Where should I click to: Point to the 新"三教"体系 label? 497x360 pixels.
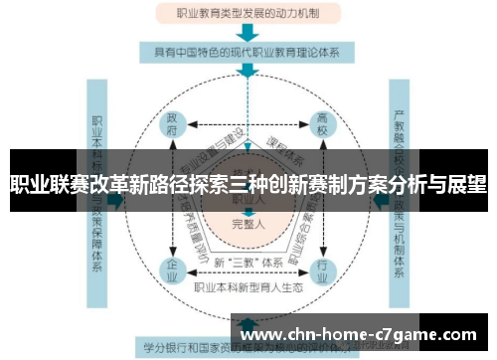point(248,262)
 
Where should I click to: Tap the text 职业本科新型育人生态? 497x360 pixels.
point(248,287)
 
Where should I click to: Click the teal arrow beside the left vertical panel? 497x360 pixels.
point(120,199)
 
